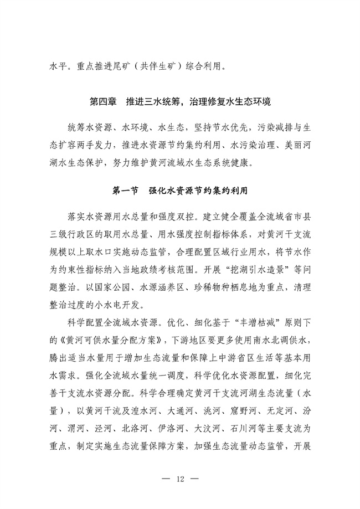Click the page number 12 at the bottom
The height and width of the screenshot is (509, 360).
click(180, 478)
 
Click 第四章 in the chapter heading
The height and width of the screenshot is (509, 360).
click(102, 102)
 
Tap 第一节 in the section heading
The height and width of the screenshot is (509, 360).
click(125, 191)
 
